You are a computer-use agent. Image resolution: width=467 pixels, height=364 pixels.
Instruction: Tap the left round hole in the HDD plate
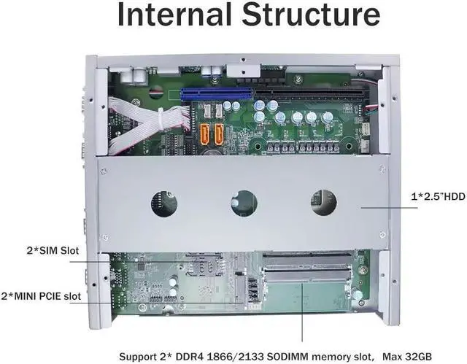point(164,202)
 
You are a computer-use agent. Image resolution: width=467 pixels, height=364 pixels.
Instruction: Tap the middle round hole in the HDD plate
point(244,202)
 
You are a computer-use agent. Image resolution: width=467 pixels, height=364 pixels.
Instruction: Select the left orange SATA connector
point(205,133)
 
